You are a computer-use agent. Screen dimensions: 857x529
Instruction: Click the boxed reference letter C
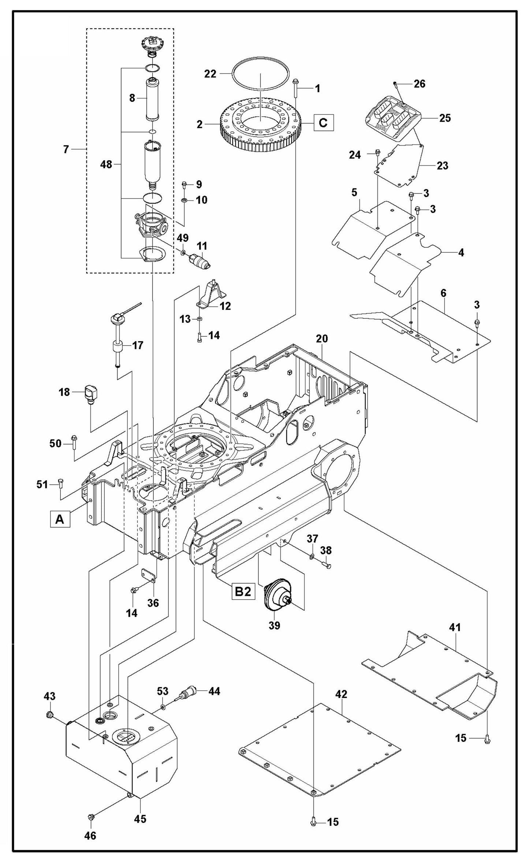323,122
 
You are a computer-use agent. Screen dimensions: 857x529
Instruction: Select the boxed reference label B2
243,591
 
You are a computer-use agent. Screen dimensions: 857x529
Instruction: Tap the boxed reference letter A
60,519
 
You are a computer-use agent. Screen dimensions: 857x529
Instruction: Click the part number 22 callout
211,74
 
